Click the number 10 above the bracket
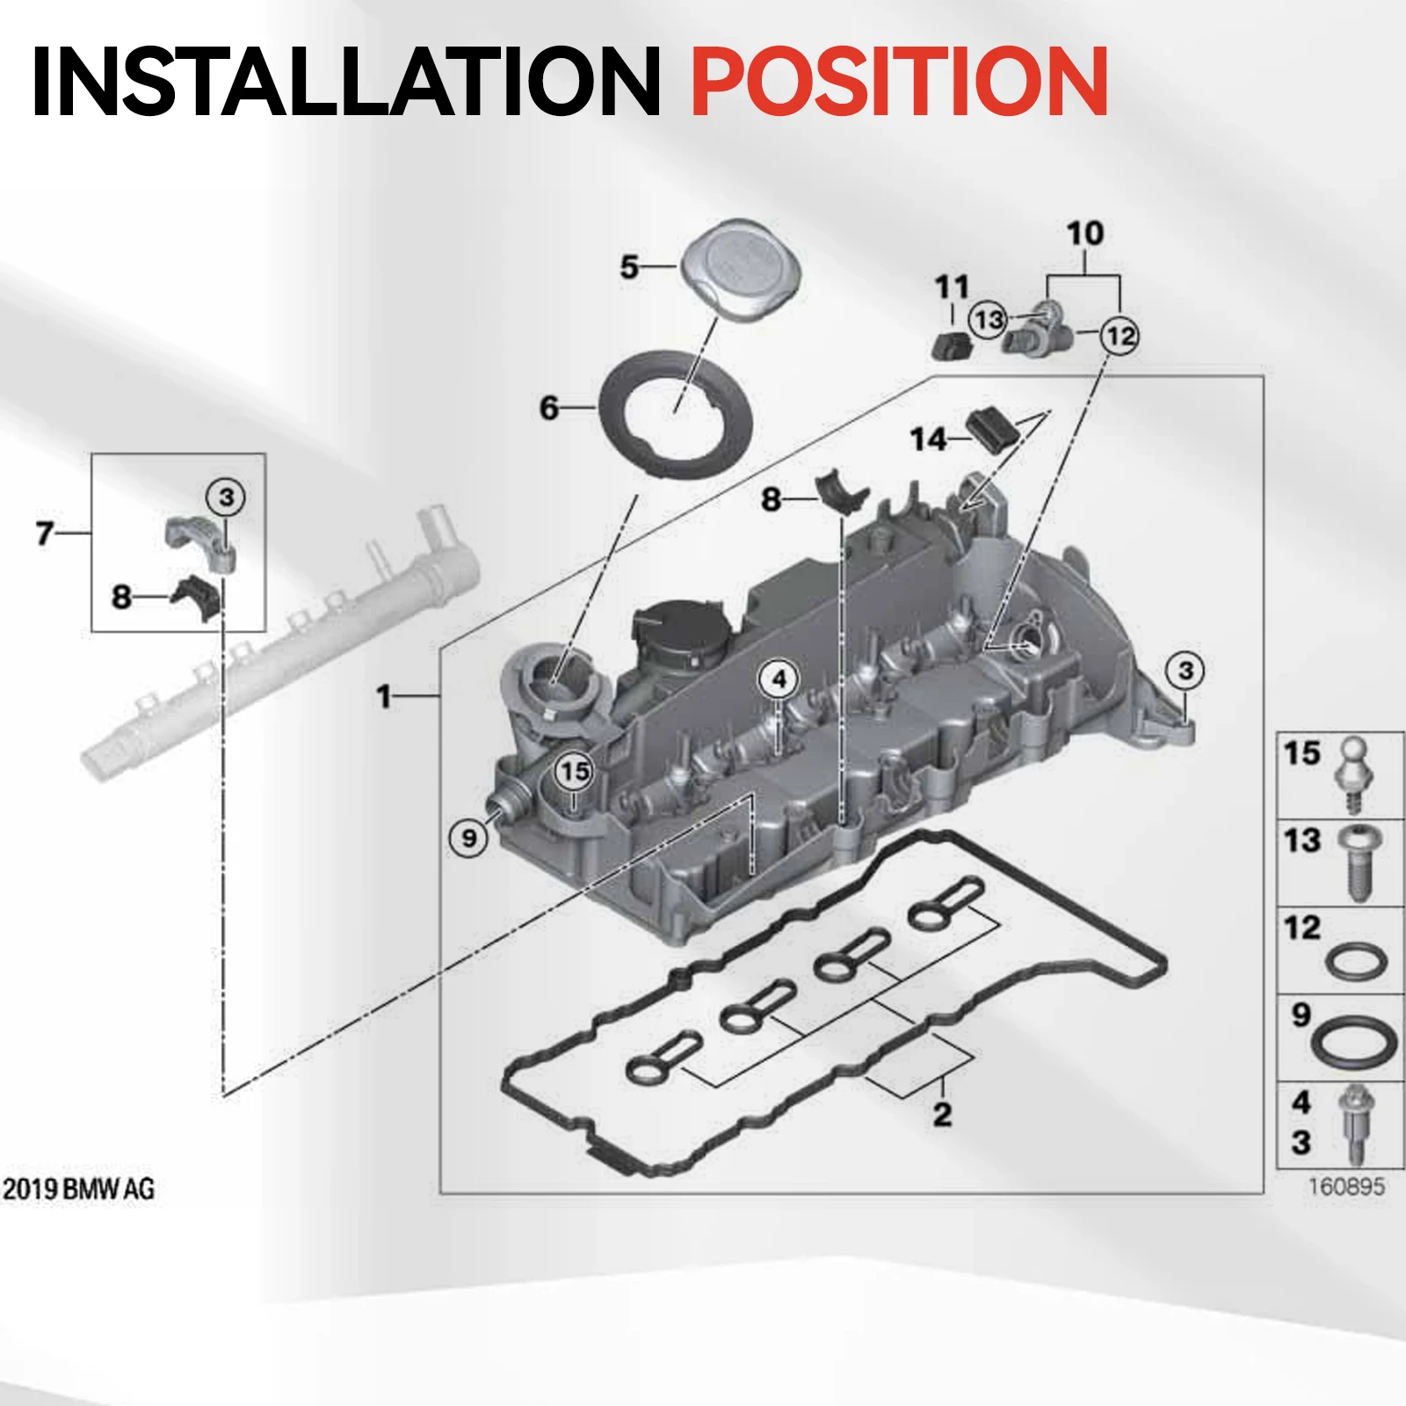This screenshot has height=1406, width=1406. click(x=1084, y=234)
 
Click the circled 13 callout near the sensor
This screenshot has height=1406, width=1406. click(x=989, y=320)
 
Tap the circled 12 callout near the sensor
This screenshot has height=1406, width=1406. click(x=1120, y=336)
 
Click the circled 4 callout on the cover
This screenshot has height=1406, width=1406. click(x=779, y=679)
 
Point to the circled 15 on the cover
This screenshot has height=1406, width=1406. click(x=574, y=772)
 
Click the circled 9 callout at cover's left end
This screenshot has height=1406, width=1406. click(x=469, y=837)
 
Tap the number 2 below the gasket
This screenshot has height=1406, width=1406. click(x=942, y=1114)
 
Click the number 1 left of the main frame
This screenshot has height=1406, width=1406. click(x=383, y=697)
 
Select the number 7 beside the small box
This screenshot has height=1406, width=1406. click(x=45, y=533)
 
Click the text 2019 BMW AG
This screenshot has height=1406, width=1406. click(x=78, y=1189)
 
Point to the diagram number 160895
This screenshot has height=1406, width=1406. click(x=1346, y=1187)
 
